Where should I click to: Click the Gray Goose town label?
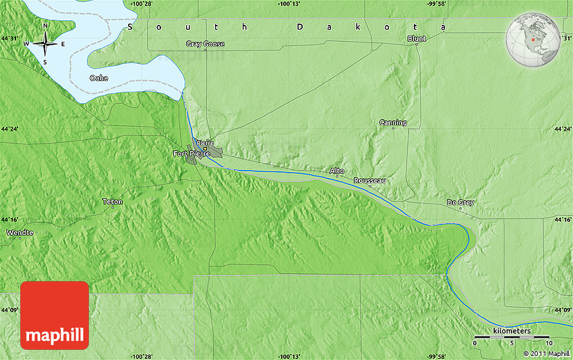click(205, 44)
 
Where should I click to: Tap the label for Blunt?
click(417, 39)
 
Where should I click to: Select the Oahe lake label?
click(98, 78)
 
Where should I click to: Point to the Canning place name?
click(393, 123)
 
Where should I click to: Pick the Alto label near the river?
click(336, 171)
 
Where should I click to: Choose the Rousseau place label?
click(370, 181)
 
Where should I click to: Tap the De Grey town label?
click(460, 202)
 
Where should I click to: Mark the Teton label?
click(113, 202)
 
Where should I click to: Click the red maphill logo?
click(55, 316)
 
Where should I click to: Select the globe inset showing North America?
click(533, 39)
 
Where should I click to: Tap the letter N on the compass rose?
click(45, 26)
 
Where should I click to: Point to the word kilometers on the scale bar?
click(512, 331)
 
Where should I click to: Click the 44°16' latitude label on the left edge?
click(10, 219)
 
